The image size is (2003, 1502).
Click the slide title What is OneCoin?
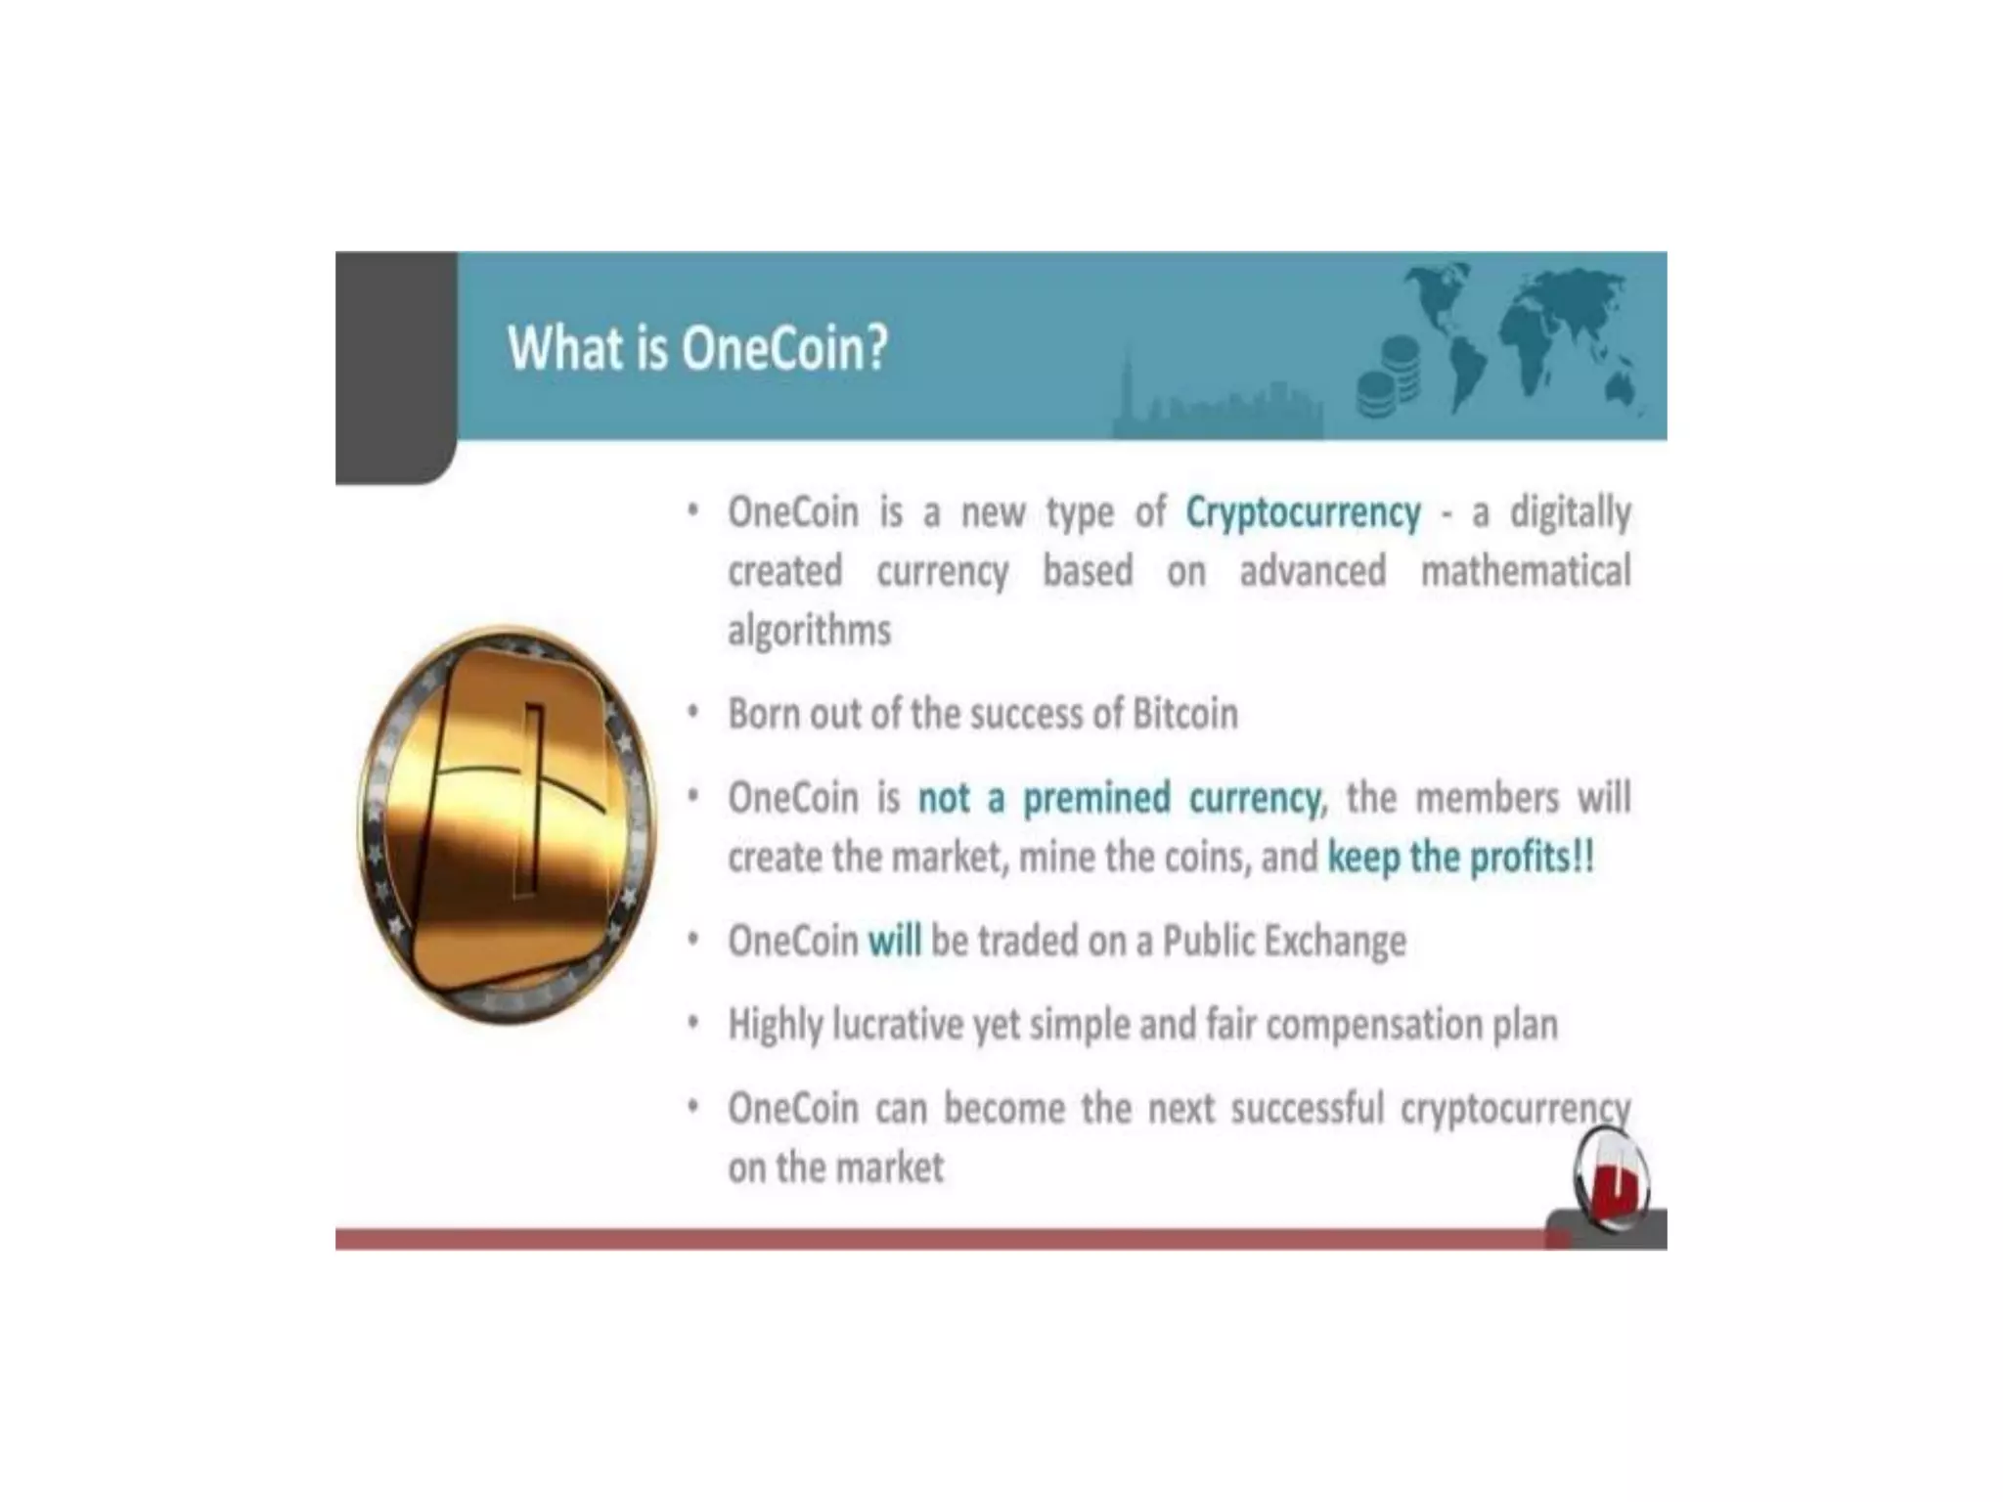(697, 348)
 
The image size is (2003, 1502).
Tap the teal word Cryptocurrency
(1303, 512)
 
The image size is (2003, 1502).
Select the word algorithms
(809, 631)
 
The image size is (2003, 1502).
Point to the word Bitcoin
(1184, 714)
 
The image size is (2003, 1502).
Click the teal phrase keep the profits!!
(1460, 858)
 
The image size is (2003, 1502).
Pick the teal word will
(894, 941)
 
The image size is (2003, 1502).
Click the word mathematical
(1525, 571)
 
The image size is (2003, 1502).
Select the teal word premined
(1095, 798)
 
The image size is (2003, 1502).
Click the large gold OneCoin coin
(507, 824)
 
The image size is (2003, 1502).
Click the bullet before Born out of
(692, 712)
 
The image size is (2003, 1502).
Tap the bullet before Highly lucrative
(692, 1023)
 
